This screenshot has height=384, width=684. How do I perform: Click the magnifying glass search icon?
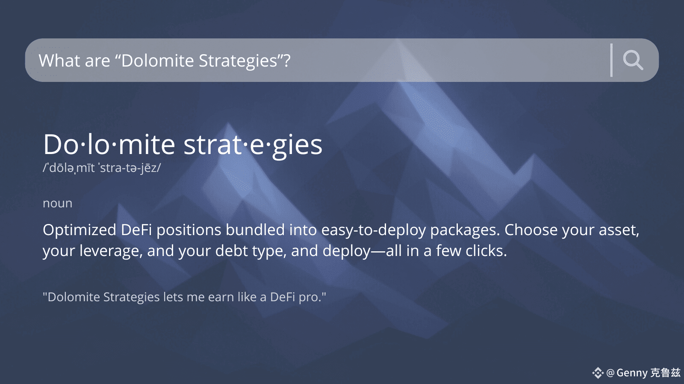633,60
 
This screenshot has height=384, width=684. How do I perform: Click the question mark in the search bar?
287,60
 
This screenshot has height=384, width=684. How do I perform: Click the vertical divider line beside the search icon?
611,60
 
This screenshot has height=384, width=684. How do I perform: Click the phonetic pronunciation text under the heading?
102,168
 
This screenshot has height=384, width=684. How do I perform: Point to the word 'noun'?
57,203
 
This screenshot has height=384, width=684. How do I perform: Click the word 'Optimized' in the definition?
80,230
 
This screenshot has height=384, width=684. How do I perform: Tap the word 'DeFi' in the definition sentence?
136,230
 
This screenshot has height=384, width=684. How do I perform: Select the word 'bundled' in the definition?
255,230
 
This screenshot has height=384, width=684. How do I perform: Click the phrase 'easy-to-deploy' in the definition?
374,230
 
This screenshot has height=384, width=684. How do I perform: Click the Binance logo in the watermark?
598,373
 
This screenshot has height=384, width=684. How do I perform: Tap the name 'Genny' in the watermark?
632,373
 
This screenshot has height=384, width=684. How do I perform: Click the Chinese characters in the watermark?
665,373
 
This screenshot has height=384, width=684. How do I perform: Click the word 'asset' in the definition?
619,230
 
